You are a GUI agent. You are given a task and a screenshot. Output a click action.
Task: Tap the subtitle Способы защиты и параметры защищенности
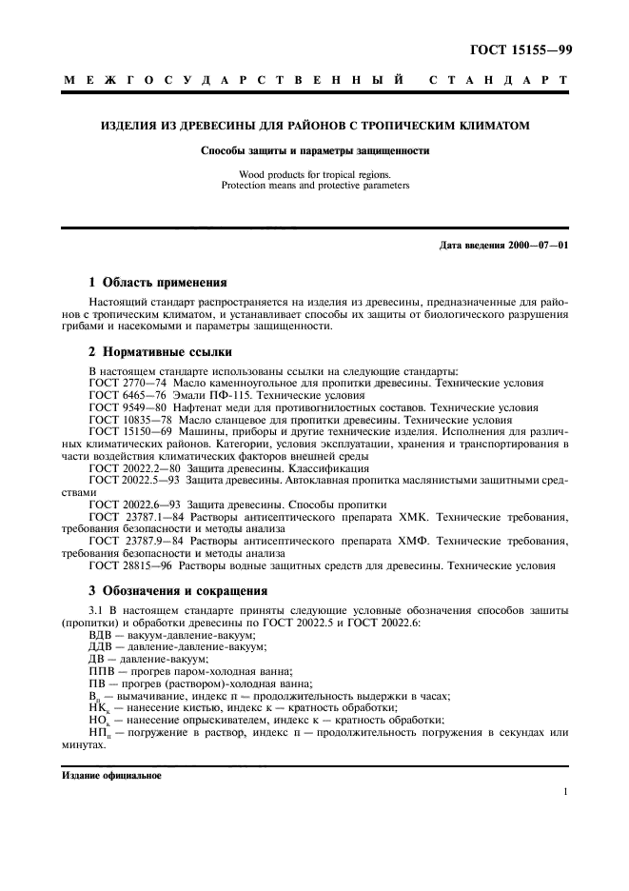point(315,150)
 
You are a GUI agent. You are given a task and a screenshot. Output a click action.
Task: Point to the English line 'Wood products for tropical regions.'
point(315,174)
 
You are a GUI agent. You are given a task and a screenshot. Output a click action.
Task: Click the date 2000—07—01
point(539,246)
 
